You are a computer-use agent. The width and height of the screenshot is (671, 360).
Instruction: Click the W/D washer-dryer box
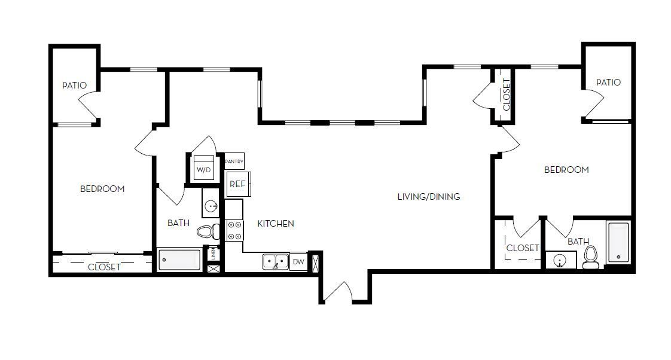(204, 169)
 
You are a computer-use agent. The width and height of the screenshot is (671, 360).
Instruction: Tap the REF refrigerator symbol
(237, 184)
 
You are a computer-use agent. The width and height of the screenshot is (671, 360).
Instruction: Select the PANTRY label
(234, 161)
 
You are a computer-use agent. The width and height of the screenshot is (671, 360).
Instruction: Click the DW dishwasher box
(298, 261)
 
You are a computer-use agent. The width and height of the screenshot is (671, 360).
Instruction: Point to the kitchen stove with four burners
(234, 230)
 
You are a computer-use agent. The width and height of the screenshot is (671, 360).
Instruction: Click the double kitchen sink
(275, 261)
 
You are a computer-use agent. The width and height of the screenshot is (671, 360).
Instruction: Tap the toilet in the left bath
(208, 232)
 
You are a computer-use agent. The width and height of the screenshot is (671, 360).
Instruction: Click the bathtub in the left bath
(179, 260)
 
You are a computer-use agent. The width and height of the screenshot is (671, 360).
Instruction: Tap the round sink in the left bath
(212, 206)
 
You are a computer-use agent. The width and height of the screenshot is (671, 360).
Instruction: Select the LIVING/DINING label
(429, 196)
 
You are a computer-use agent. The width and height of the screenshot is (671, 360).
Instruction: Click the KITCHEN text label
(275, 224)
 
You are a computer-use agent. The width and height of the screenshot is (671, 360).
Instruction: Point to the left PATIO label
(74, 86)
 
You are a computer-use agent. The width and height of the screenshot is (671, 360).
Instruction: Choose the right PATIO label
(608, 83)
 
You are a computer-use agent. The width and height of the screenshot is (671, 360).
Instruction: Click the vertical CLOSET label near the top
(506, 94)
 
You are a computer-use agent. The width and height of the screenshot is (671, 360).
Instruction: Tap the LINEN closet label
(212, 254)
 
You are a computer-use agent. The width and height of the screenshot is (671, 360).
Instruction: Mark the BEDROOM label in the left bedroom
(102, 189)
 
